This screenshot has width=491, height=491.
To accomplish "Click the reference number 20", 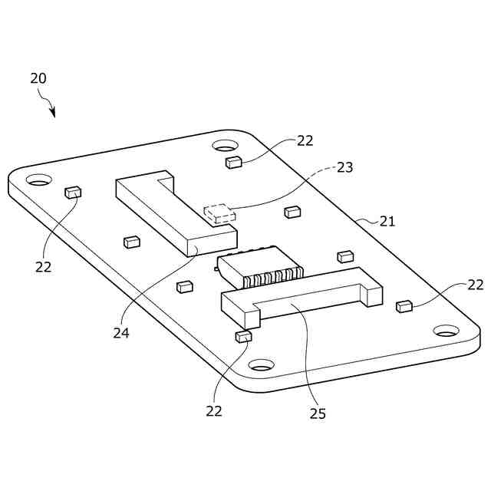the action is point(38,78).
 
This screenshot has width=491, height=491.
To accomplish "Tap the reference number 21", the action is point(387,221).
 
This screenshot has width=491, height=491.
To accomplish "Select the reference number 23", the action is point(344,166).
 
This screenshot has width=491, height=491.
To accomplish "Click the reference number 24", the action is point(120,333).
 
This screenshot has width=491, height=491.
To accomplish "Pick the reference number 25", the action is point(318,414).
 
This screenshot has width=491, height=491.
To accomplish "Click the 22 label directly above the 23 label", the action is point(305,140).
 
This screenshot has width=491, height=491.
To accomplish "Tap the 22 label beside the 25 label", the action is point(213,410).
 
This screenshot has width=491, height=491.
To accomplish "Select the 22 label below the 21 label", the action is point(476,285).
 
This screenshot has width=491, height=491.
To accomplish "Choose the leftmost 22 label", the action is point(43,266).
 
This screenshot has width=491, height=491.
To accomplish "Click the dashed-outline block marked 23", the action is point(219,213).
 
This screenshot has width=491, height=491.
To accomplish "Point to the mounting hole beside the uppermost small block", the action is point(225,146).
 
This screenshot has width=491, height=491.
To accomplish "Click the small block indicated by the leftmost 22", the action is point(73,193).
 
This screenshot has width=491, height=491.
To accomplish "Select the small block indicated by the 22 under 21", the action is point(404,307).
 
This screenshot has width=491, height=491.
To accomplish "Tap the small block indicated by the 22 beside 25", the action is point(243,336).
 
